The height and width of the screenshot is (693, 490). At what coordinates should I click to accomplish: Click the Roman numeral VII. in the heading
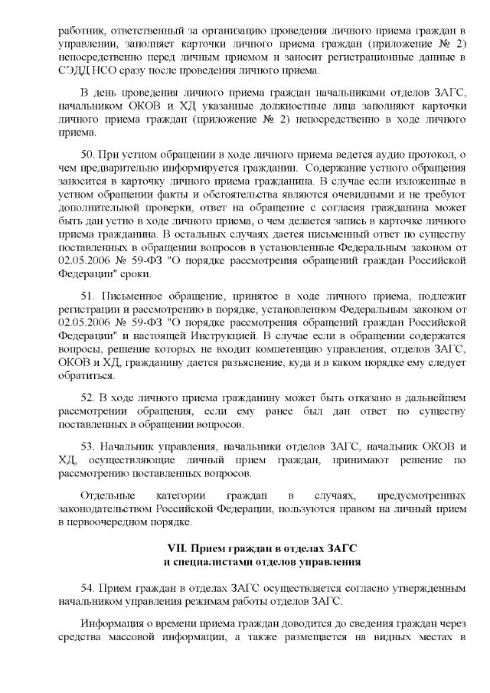point(178,549)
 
